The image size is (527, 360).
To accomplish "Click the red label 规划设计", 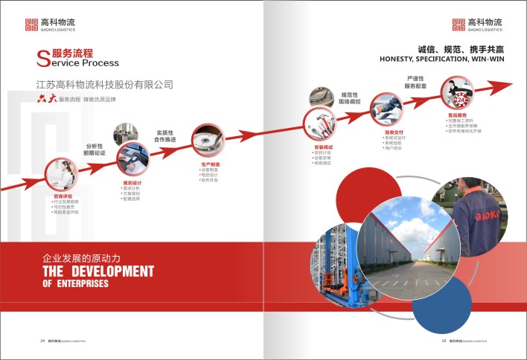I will [x=130, y=181].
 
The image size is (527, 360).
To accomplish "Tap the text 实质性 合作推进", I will [x=166, y=115].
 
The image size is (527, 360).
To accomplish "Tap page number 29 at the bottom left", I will [x=42, y=341].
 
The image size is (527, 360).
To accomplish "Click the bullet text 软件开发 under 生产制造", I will [x=208, y=180].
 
